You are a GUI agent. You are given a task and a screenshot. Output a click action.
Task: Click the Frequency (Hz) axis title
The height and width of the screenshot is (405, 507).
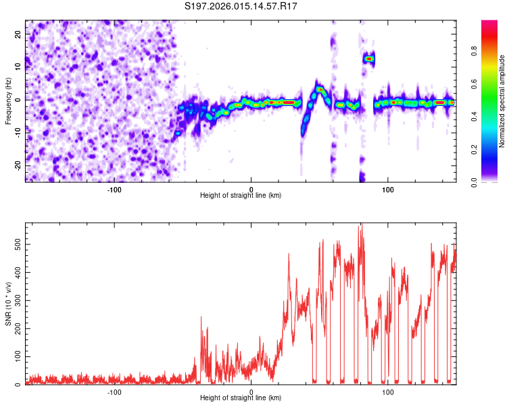(x=9, y=101)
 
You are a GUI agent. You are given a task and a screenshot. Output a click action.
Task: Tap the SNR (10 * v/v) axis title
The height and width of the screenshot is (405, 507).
(x=9, y=304)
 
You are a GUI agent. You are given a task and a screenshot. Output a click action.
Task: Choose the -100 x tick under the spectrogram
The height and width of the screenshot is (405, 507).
(x=114, y=189)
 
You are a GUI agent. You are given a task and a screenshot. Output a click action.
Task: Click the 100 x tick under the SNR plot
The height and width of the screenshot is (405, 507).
(x=388, y=391)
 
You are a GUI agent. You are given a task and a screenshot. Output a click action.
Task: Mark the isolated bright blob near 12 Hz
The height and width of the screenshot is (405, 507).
(x=368, y=59)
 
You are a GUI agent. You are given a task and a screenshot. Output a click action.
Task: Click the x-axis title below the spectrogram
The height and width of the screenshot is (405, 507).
(x=241, y=196)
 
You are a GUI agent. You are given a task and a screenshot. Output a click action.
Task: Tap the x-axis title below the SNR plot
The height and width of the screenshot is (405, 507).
(x=241, y=398)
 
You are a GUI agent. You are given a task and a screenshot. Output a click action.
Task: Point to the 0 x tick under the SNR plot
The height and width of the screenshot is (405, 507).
(x=251, y=391)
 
